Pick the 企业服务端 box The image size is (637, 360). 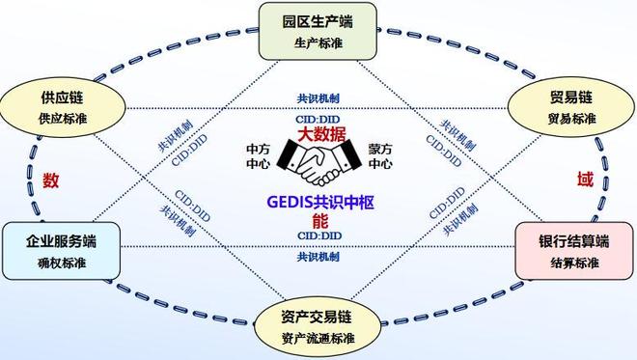(61, 250)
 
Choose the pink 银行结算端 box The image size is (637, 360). (574, 250)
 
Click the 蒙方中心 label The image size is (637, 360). (380, 156)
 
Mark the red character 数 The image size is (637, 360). (50, 179)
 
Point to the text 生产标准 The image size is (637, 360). (318, 43)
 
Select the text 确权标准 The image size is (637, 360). (61, 263)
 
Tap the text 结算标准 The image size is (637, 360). (574, 263)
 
